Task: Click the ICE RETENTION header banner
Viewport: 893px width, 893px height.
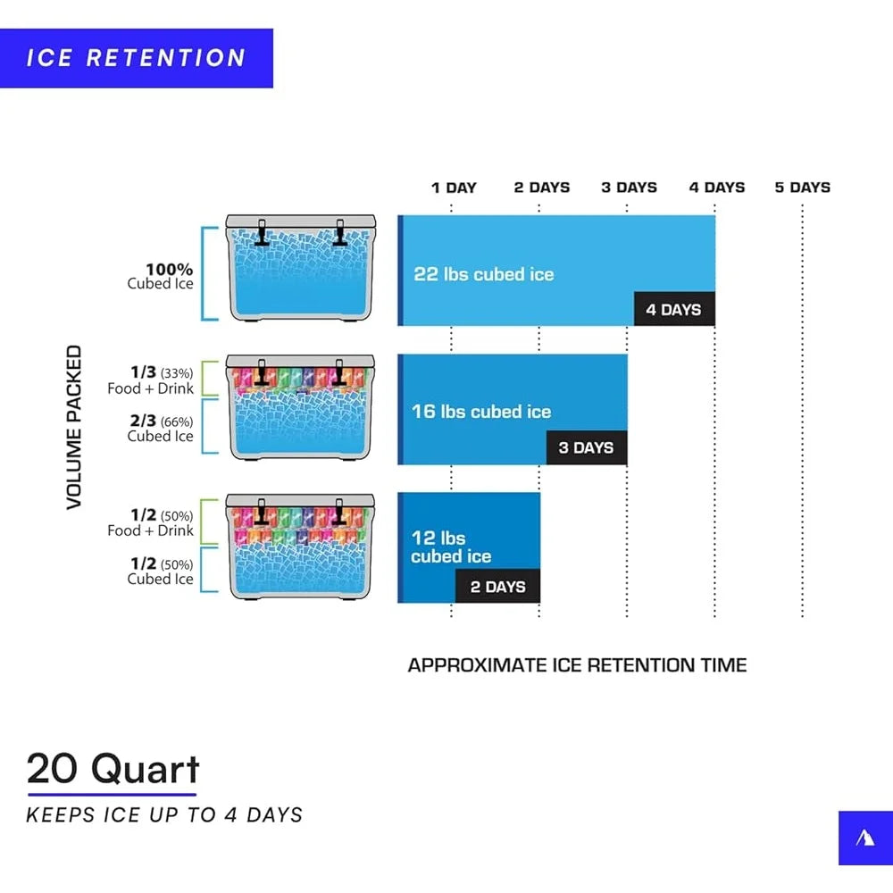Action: coord(136,58)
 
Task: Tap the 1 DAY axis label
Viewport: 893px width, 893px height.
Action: coord(454,188)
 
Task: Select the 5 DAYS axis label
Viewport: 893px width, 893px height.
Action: coord(803,188)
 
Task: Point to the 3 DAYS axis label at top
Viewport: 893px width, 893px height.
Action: coord(630,188)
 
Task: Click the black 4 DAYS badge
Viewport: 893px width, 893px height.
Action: coord(674,309)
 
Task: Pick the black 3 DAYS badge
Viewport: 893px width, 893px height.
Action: coord(587,447)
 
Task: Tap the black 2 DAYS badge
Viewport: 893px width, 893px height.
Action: coord(497,586)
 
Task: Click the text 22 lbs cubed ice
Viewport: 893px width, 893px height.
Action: coord(484,274)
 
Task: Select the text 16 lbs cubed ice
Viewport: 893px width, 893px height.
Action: coord(481,412)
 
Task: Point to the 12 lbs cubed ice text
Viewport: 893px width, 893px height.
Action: coord(451,547)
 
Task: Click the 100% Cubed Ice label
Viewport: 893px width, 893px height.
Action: coord(161,276)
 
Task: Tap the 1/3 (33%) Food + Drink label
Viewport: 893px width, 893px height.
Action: coord(151,380)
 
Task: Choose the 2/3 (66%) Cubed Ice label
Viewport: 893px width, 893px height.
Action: coord(161,429)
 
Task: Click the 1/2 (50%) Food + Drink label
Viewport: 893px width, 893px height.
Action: coord(151,522)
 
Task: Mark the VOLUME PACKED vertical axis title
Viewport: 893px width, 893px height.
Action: coord(75,427)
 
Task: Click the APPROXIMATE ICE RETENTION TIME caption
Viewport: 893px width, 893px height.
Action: coord(578,665)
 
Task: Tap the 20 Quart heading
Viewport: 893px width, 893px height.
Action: coord(113,769)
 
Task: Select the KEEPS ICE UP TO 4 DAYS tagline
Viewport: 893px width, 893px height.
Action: coord(164,815)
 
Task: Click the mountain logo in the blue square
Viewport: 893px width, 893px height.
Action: coord(865,838)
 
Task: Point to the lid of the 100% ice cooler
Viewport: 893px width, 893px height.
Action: coord(301,221)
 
